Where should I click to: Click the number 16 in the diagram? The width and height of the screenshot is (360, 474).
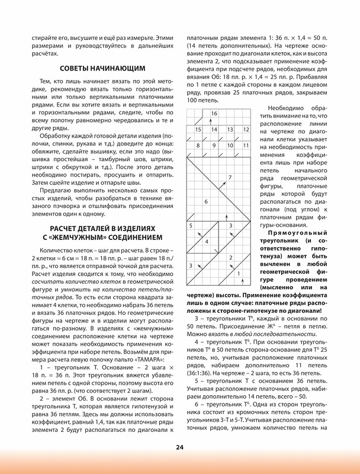[214, 113]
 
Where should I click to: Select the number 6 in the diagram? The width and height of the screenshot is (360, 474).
[205, 202]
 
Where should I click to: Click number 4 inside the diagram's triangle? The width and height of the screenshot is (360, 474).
[206, 242]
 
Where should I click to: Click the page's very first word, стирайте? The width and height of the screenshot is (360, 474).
[43, 36]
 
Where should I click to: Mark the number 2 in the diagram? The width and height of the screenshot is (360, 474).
[230, 258]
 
